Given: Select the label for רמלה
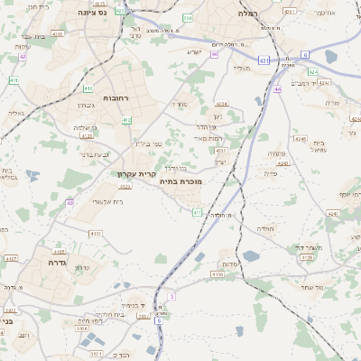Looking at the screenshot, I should tap(248, 14).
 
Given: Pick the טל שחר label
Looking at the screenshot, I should tap(311, 286).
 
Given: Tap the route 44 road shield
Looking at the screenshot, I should tap(277, 89).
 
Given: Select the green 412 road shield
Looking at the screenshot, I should tap(126, 119).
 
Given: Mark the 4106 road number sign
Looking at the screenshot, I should tap(216, 273).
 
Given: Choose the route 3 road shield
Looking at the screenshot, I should tap(171, 295).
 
